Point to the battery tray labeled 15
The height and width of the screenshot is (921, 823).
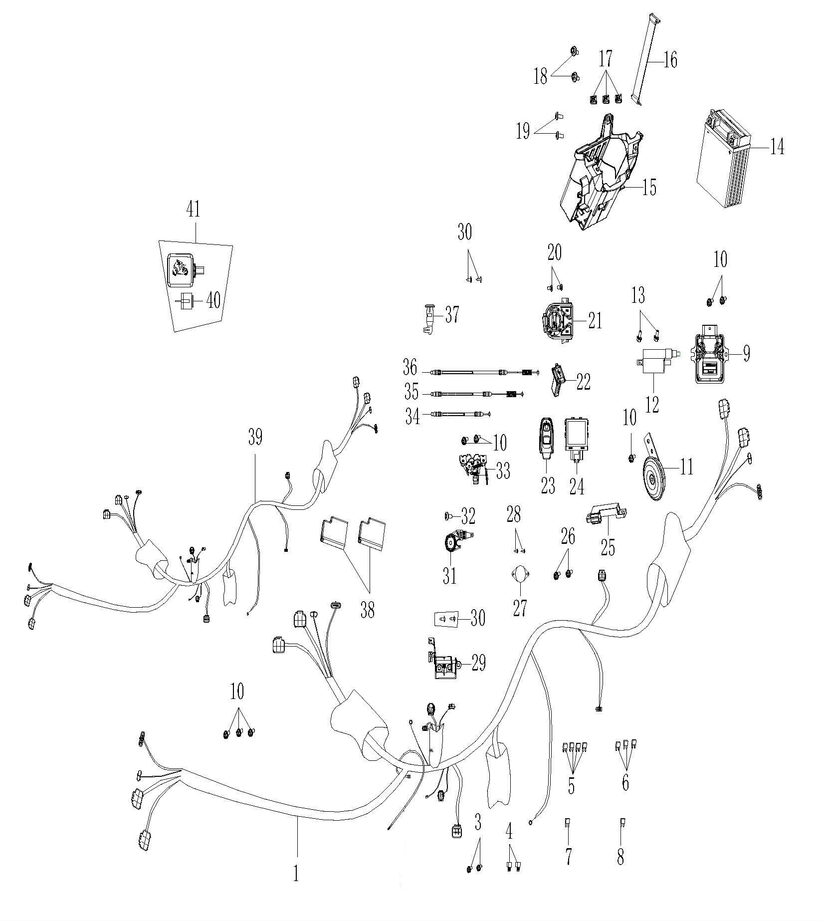click(602, 175)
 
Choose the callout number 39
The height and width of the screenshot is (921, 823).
click(255, 438)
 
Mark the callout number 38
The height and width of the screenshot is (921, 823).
click(368, 611)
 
